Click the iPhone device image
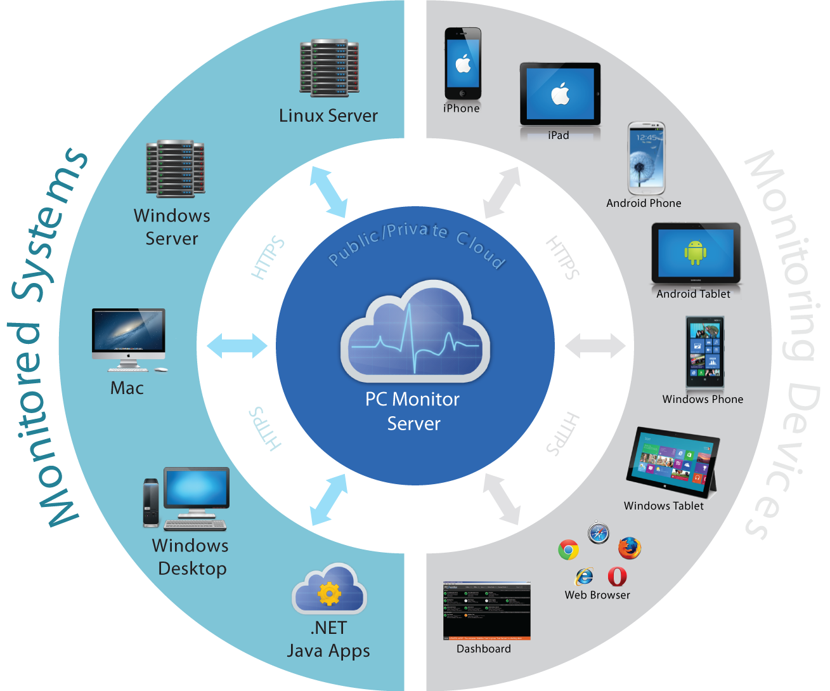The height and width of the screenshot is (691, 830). click(462, 63)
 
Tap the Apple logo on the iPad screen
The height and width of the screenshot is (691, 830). click(560, 95)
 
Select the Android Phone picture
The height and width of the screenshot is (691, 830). click(646, 159)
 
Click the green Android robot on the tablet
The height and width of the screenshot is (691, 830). click(695, 253)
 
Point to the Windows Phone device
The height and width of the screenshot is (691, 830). click(704, 353)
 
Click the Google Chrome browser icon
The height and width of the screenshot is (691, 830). click(568, 550)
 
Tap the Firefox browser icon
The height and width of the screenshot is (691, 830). click(629, 548)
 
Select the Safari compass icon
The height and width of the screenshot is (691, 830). click(598, 533)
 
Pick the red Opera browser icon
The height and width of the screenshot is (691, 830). click(617, 576)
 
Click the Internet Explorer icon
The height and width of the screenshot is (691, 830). click(584, 576)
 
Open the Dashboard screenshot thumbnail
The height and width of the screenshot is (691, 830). click(486, 610)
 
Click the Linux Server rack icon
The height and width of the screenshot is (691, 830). click(329, 68)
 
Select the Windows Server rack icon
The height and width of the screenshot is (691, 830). click(176, 168)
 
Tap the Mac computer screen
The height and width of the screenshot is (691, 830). click(128, 330)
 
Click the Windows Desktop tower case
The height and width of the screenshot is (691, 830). click(151, 503)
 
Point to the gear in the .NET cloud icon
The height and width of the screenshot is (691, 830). click(329, 594)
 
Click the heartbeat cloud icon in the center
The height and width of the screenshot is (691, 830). click(415, 333)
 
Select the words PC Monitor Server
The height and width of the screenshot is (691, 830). click(413, 411)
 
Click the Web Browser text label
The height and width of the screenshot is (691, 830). click(597, 595)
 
